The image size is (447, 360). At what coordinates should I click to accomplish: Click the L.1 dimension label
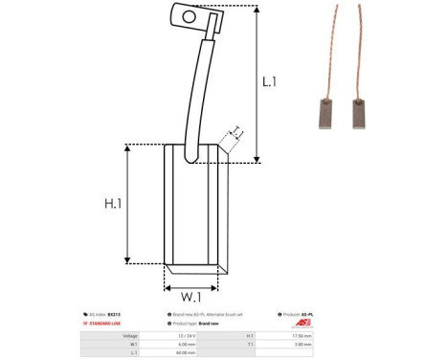[271, 83]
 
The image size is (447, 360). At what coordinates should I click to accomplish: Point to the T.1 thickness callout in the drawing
[234, 133]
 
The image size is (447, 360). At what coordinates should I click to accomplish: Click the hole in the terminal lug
[189, 15]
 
